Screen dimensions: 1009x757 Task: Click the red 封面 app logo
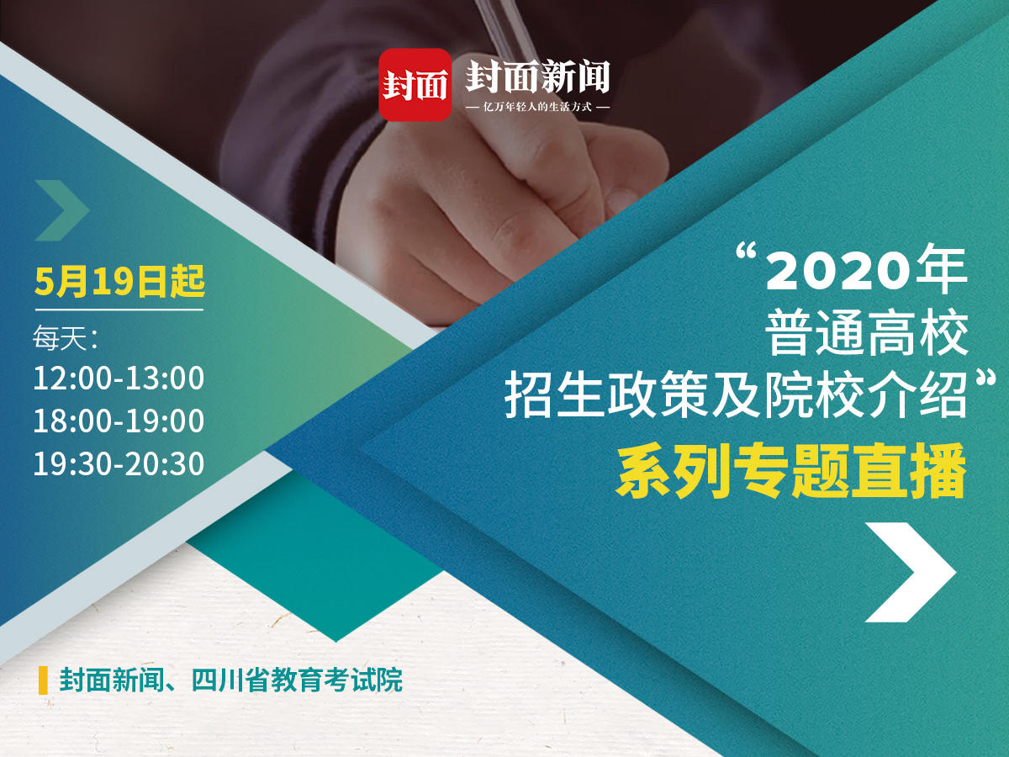[x=415, y=85]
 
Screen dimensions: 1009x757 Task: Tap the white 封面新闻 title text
[x=538, y=77]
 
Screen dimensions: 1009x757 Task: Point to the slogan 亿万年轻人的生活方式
[x=537, y=107]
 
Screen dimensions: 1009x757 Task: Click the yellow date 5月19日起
[x=119, y=281]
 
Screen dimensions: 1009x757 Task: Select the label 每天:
[x=66, y=338]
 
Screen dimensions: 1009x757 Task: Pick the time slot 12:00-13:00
[x=119, y=378]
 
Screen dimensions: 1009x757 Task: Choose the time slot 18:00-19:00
[x=119, y=421]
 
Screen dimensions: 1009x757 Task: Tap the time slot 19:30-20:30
[x=119, y=463]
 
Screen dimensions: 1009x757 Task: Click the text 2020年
[x=867, y=271]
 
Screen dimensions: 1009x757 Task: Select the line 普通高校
[x=867, y=333]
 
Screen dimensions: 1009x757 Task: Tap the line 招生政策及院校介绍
[x=736, y=395]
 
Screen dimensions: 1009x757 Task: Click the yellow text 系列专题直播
[x=791, y=471]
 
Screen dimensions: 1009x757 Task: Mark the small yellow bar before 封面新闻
[x=43, y=680]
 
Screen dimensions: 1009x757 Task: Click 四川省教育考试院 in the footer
[x=297, y=680]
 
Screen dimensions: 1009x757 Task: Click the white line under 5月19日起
[x=119, y=310]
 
